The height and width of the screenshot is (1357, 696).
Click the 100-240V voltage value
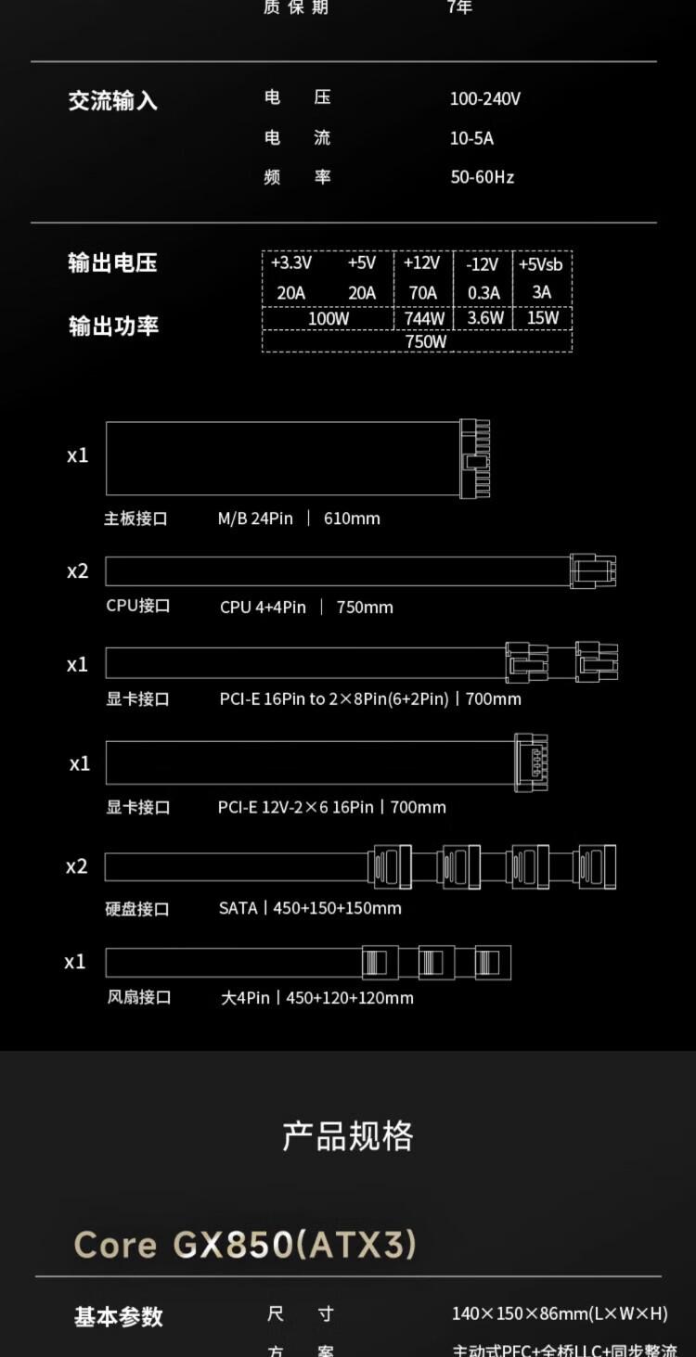484,98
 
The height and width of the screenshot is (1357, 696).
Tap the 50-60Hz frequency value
482,176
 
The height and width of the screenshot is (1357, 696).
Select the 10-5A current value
471,138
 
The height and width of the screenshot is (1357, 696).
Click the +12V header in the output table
421,263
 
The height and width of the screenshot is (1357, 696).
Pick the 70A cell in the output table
422,293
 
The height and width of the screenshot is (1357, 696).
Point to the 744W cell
424,318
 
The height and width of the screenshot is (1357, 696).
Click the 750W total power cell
426,341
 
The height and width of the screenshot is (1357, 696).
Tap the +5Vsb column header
541,264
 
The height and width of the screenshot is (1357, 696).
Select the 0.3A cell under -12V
483,293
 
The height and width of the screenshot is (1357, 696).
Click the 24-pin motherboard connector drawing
474,457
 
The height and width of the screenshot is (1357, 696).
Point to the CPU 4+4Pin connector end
592,570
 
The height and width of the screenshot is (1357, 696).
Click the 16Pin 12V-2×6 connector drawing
531,762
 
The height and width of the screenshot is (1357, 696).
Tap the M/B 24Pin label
255,518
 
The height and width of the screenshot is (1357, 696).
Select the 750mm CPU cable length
365,608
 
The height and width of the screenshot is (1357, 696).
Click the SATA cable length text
337,908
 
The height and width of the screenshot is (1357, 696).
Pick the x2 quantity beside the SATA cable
77,866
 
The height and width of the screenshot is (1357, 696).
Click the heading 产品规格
348,1135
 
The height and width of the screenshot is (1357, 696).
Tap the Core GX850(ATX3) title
245,1245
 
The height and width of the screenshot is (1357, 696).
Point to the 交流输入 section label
112,101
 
